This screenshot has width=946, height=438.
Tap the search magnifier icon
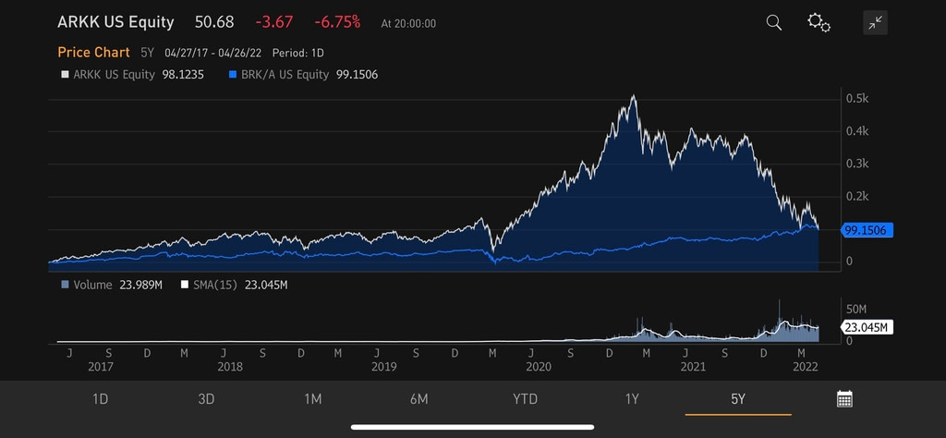point(774,22)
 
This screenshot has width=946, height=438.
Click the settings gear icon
point(819,22)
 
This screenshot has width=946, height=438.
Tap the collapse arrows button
point(875,23)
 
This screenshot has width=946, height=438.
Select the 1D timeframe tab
point(101,399)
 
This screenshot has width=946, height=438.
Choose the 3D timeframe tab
point(206,399)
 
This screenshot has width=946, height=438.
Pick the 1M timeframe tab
point(312,399)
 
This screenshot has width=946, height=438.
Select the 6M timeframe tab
point(418,399)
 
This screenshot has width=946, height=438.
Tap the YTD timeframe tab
point(525,399)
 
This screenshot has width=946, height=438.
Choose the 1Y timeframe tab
point(632,399)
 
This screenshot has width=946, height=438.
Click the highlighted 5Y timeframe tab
point(737,399)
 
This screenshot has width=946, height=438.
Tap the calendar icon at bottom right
point(844,399)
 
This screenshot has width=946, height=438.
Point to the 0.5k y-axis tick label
point(856,98)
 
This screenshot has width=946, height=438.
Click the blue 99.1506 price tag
point(867,230)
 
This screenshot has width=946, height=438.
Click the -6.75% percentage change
point(339,22)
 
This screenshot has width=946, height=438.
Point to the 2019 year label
point(383,367)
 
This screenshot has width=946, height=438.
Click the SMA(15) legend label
point(213,286)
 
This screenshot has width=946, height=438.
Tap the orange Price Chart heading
point(93,53)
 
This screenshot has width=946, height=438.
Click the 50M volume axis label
point(856,309)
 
